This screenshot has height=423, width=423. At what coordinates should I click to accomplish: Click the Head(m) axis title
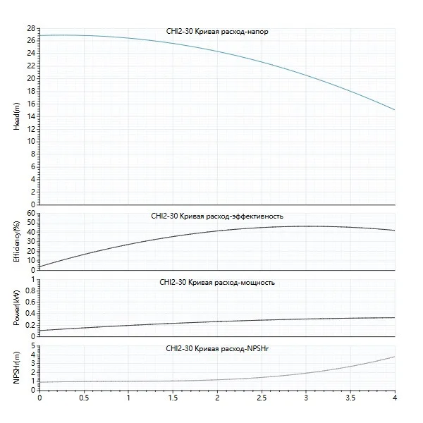click(16, 116)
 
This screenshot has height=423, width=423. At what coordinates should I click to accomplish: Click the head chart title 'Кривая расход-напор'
click(216, 32)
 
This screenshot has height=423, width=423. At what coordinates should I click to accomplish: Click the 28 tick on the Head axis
click(31, 28)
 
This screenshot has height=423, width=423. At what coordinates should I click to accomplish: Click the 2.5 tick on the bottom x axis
click(262, 398)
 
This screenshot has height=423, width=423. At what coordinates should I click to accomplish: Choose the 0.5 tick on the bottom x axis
click(84, 398)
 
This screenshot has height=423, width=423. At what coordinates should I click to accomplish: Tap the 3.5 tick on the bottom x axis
click(350, 398)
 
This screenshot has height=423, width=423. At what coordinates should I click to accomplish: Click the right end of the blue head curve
click(394, 109)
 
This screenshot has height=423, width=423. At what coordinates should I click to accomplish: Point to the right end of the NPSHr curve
click(394, 357)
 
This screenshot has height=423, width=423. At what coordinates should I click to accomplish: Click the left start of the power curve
click(39, 330)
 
